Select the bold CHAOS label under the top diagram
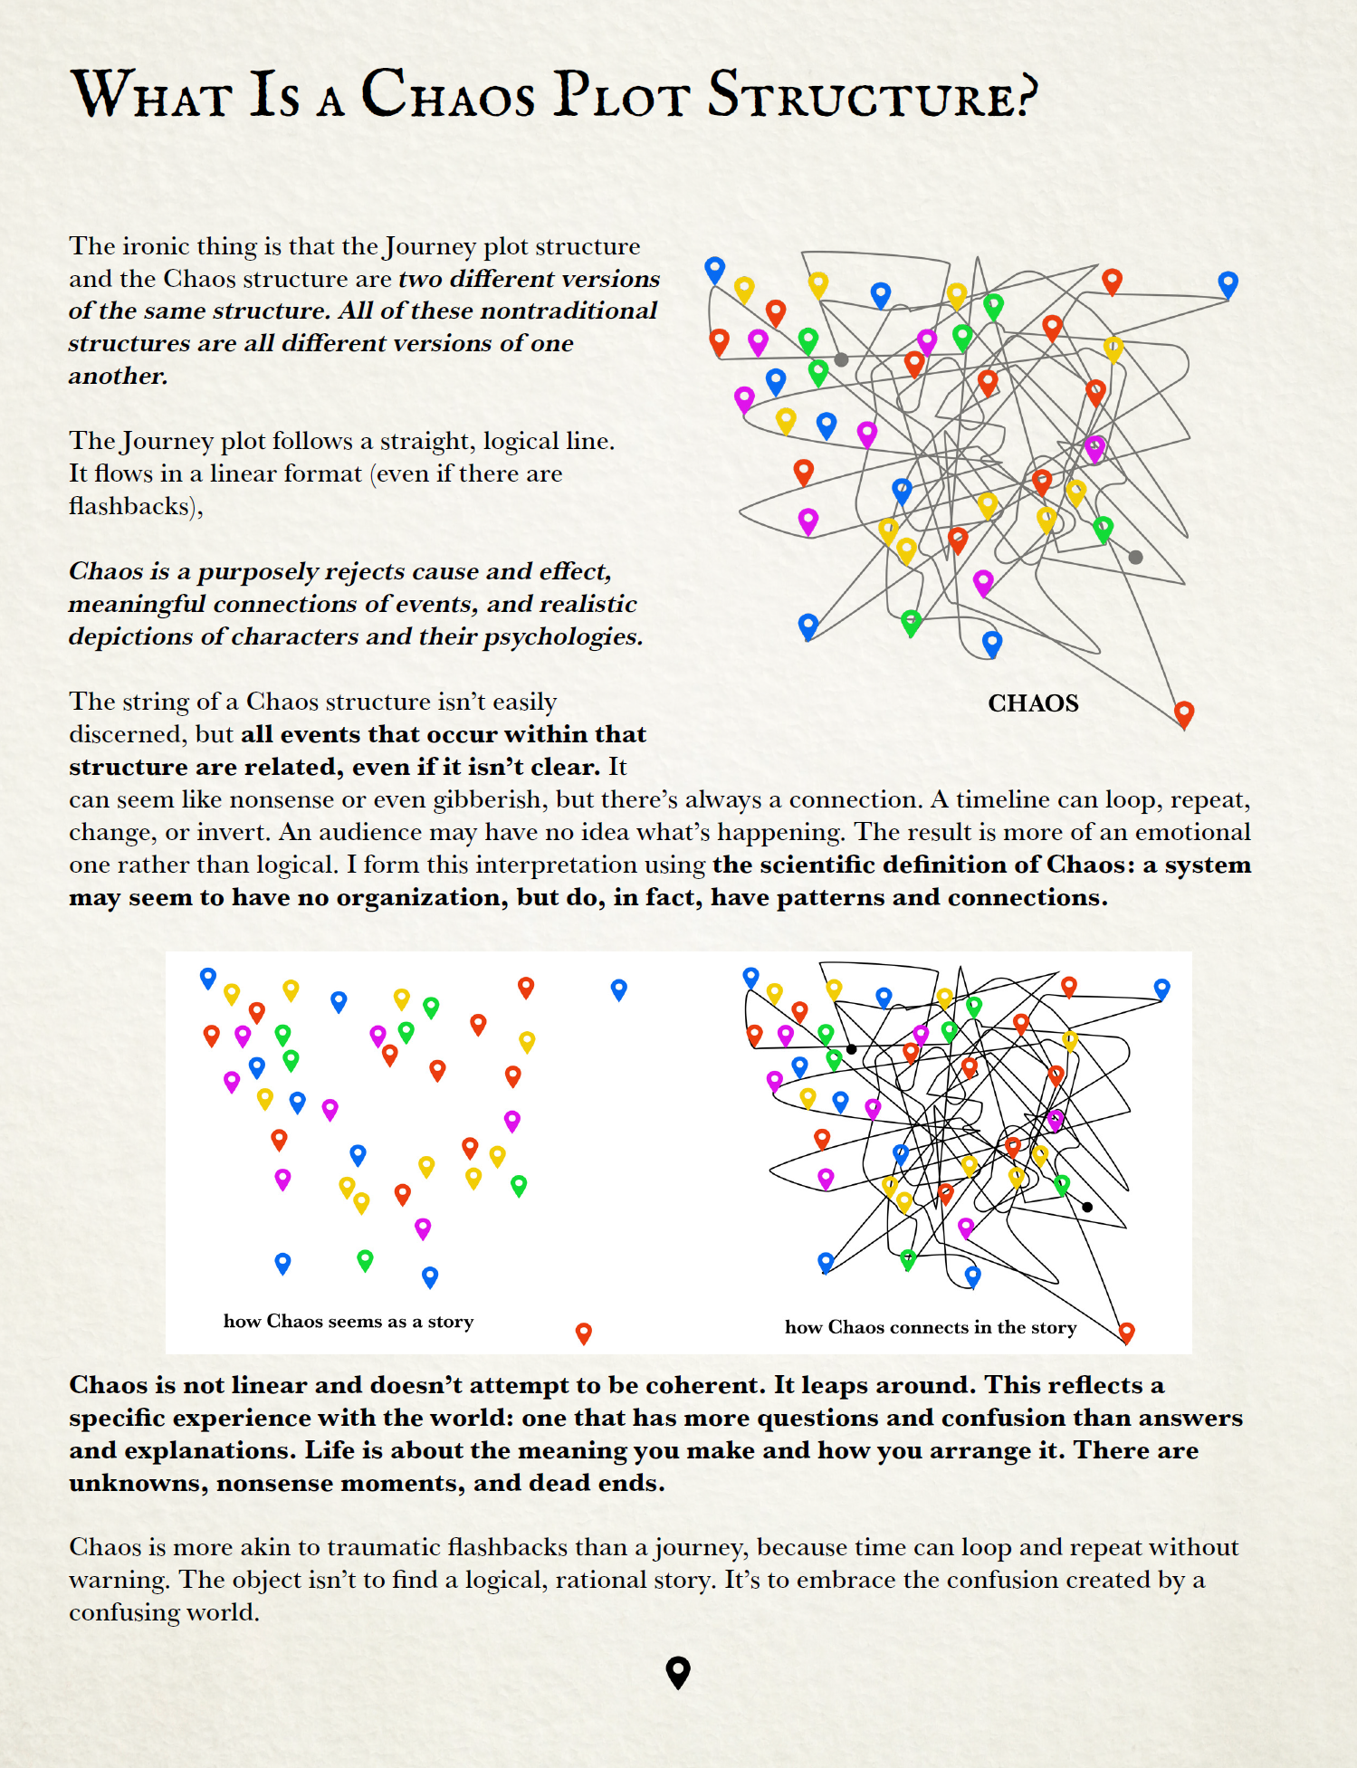(x=1033, y=703)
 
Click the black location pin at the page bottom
(x=678, y=1672)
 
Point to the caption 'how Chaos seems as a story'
(x=349, y=1322)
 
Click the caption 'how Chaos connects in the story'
(x=931, y=1327)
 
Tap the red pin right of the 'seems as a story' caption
(x=584, y=1332)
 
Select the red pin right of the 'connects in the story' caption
(x=1126, y=1331)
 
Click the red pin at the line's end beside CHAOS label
(x=1183, y=713)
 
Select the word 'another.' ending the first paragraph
(x=119, y=376)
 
